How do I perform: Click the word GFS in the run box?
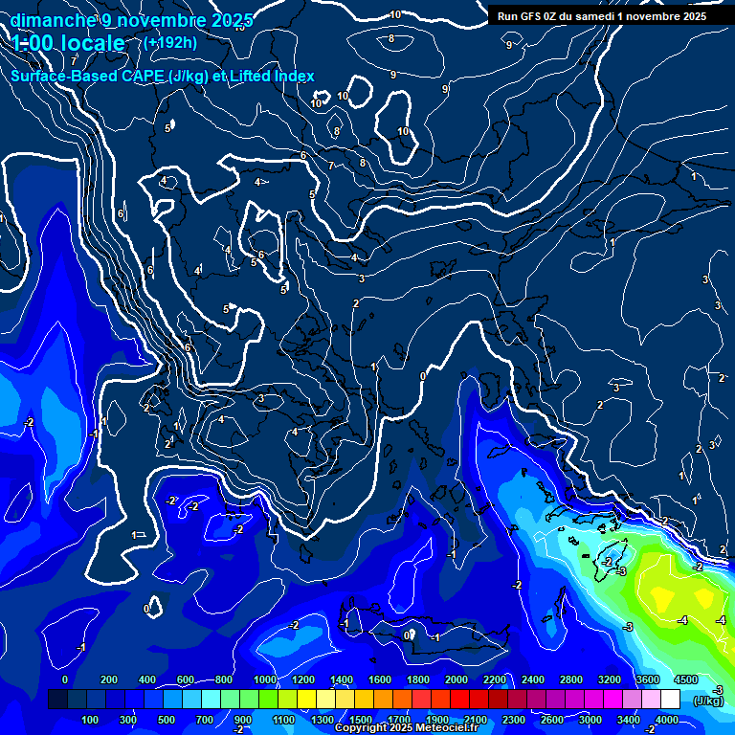point(539,16)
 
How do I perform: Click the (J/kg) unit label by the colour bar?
point(709,701)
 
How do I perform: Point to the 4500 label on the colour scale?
point(685,679)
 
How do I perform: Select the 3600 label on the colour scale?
point(648,679)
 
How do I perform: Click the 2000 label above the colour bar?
point(457,679)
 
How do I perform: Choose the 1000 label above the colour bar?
point(265,679)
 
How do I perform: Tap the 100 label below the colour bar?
point(90,720)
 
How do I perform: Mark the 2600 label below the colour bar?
point(552,720)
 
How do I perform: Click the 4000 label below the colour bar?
point(667,720)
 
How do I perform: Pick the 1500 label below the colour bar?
point(361,720)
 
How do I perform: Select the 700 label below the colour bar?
point(205,720)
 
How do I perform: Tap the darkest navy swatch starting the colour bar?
point(57,700)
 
